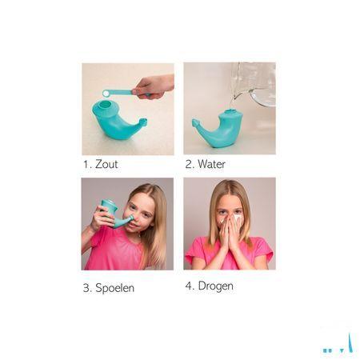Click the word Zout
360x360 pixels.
(106, 164)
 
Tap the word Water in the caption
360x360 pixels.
(211, 164)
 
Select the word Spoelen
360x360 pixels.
(114, 288)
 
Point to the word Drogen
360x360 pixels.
(215, 286)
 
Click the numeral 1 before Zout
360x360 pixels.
(86, 164)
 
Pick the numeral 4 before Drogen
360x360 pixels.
(189, 286)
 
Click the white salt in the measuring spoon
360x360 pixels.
(106, 94)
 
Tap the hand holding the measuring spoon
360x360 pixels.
(154, 86)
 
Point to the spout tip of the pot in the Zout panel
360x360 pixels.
(144, 122)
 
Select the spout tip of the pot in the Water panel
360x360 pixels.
(195, 122)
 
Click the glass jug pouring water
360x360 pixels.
(254, 83)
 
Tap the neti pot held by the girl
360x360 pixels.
(115, 213)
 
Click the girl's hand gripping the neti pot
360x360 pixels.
(102, 218)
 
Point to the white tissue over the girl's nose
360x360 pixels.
(234, 219)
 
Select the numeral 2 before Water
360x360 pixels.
(189, 164)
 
